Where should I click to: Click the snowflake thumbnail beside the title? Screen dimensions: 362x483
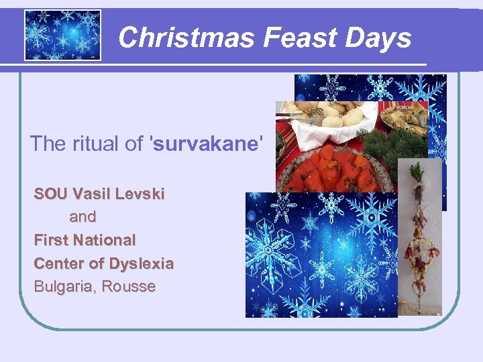[x=62, y=35]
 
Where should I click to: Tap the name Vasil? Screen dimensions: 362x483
[x=92, y=194]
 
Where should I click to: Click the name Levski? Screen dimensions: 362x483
[x=140, y=194]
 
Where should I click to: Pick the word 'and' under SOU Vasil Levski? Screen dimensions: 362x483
[x=83, y=217]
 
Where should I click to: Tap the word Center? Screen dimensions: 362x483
[x=60, y=263]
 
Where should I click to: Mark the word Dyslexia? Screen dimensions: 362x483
[x=142, y=263]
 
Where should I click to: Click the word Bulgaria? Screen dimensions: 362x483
[x=64, y=286]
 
